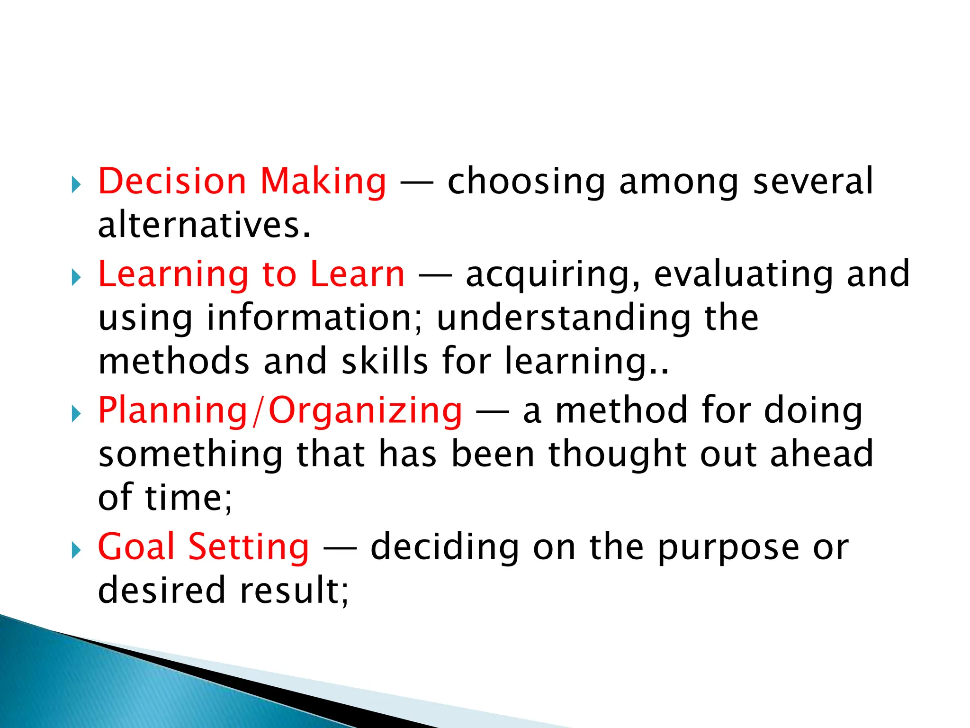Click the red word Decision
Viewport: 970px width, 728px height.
click(x=172, y=181)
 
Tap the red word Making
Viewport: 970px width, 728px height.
click(x=323, y=182)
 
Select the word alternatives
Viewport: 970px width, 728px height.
click(x=204, y=225)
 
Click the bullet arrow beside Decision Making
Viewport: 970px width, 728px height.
click(x=76, y=185)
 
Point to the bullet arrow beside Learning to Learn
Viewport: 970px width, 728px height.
click(x=76, y=278)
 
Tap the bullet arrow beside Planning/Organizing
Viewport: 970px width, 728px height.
click(x=76, y=414)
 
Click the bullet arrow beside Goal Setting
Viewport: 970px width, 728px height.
click(x=76, y=551)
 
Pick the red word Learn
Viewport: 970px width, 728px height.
click(x=358, y=274)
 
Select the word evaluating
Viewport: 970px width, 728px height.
click(x=743, y=275)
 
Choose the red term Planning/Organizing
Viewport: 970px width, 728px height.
click(x=279, y=411)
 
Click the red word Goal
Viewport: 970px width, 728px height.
click(x=136, y=547)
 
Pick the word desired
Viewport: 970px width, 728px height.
click(x=162, y=591)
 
